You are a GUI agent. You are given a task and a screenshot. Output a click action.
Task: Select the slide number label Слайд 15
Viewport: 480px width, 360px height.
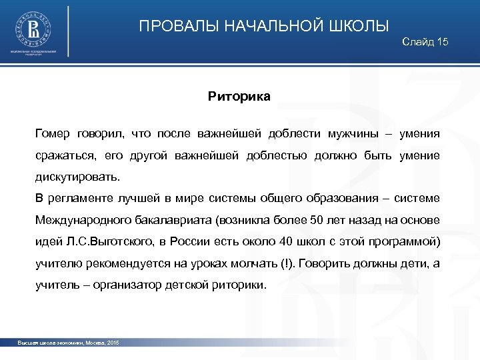425,43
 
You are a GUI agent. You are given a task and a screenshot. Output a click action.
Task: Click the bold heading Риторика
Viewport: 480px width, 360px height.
239,97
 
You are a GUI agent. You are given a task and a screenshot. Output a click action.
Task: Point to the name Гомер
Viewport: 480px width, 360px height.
53,133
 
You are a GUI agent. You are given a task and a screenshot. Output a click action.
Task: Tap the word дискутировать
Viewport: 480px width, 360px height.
78,178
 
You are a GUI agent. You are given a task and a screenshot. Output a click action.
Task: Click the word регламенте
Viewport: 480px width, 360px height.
79,199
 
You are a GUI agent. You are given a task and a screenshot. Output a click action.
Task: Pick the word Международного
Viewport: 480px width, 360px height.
82,220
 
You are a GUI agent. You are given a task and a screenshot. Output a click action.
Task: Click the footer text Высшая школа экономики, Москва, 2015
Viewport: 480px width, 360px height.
69,342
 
